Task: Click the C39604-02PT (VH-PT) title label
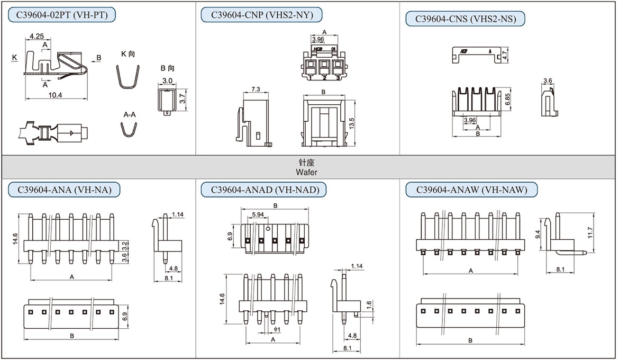point(62,15)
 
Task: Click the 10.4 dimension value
point(55,95)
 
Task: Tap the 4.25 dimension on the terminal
point(37,37)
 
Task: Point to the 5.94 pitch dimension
point(258,214)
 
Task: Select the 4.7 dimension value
point(505,54)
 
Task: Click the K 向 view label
point(129,54)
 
